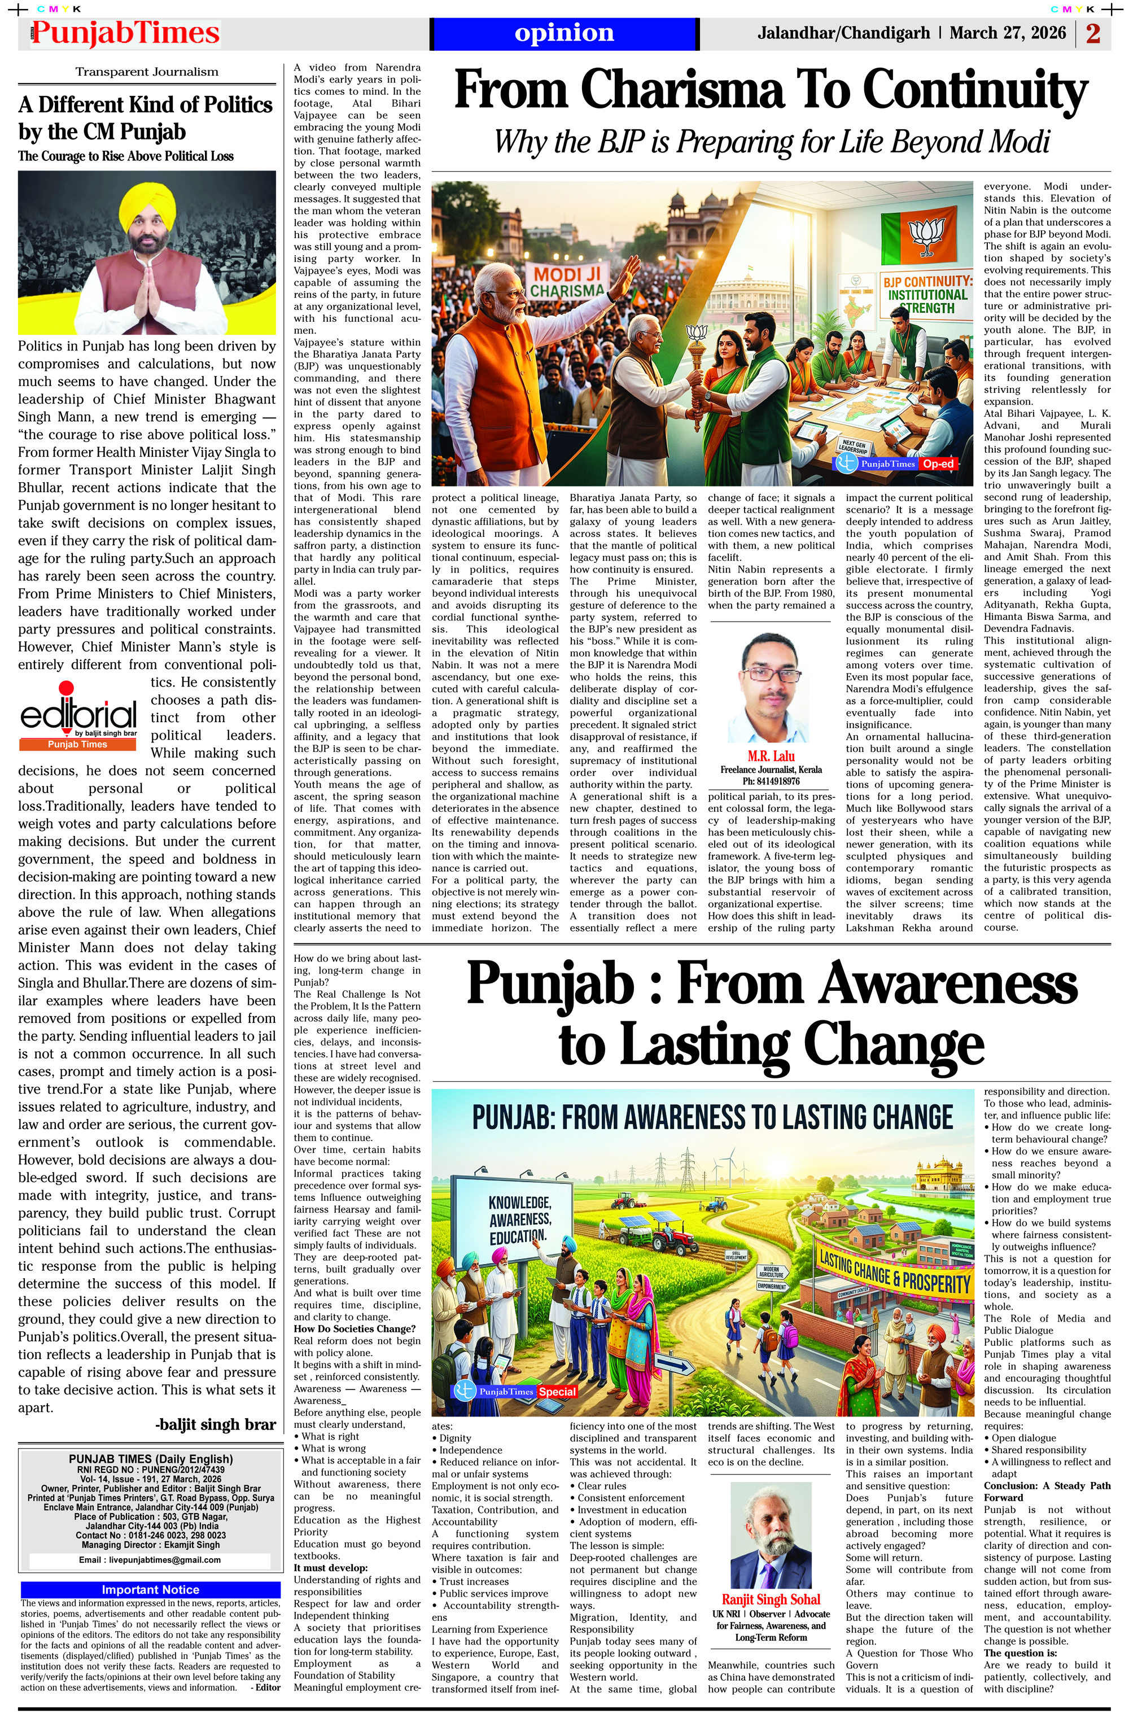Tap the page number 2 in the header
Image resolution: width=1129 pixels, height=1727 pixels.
(1093, 33)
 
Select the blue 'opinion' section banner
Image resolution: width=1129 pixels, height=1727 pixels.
(564, 33)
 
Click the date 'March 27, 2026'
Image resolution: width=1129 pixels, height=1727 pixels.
(1007, 33)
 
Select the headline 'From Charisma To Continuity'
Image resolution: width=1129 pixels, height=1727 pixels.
(770, 91)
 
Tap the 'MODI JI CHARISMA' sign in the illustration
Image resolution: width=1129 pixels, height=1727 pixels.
(568, 282)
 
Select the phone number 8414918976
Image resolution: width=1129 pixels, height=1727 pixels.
(771, 781)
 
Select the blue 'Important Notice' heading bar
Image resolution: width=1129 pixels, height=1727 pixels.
(150, 1589)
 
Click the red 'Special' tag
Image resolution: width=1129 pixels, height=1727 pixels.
(557, 1391)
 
